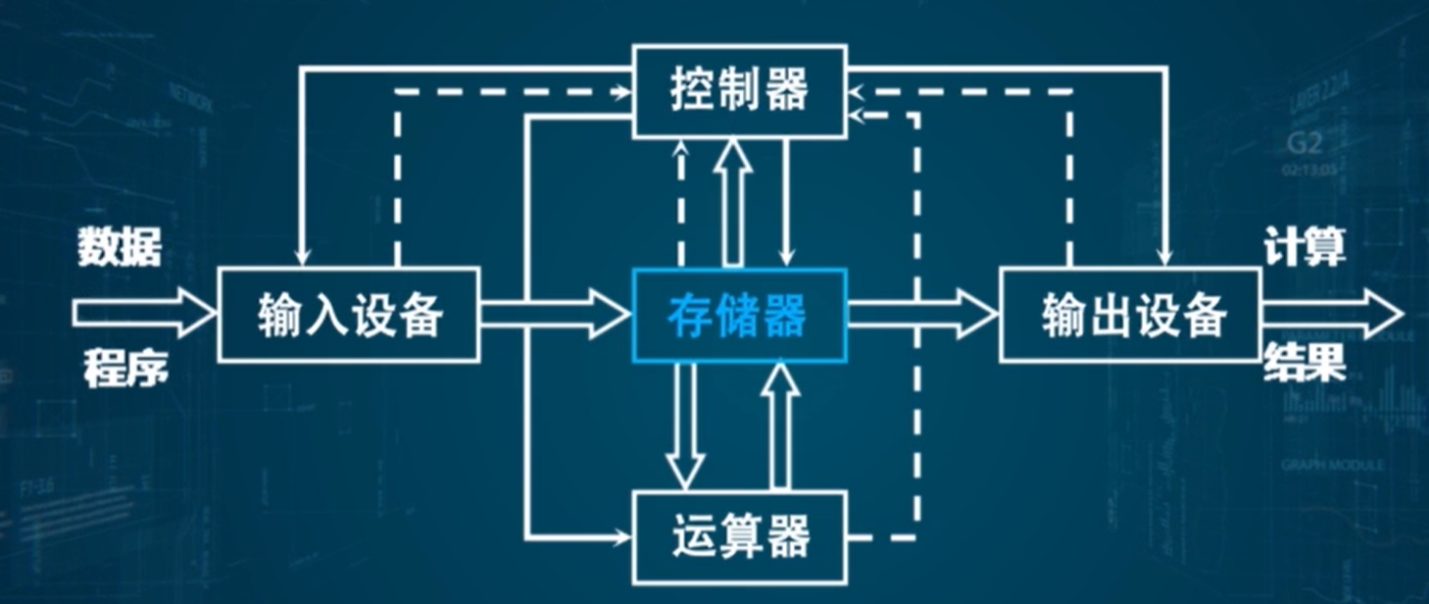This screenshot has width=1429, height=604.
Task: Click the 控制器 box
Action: (739, 90)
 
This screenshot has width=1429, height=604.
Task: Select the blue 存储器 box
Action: (739, 315)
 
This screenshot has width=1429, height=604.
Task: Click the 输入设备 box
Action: (348, 315)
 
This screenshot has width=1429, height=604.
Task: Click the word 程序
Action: (124, 370)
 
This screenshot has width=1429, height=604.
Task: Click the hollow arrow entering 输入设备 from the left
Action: (143, 314)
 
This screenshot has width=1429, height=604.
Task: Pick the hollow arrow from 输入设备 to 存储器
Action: (555, 314)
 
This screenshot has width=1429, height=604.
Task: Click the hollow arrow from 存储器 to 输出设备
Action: (922, 314)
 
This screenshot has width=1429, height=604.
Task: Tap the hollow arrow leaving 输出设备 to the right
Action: (1333, 314)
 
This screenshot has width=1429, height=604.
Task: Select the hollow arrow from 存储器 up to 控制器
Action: (732, 201)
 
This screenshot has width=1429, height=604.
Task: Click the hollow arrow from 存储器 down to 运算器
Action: (686, 427)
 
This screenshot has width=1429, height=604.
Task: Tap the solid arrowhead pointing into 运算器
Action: (621, 536)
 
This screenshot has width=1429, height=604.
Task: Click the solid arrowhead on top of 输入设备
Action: (303, 257)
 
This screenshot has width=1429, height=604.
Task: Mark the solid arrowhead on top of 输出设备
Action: (1165, 257)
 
